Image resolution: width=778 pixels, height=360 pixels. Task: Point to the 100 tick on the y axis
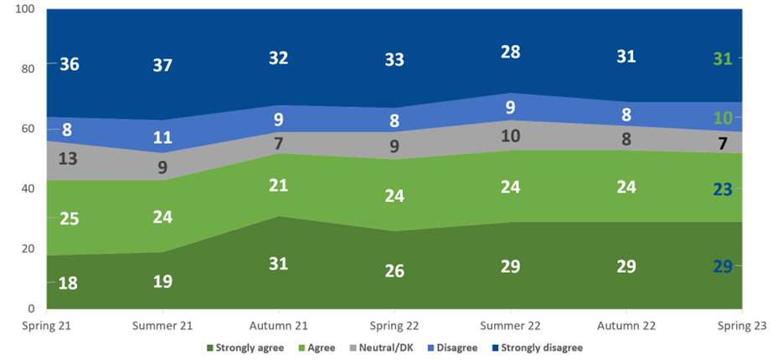coord(24,8)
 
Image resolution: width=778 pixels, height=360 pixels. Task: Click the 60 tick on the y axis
coord(27,129)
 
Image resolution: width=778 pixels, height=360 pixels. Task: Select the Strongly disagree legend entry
coord(539,347)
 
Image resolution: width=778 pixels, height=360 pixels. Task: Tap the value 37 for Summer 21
coord(163,64)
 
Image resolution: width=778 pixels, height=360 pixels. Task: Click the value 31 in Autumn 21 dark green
coord(278,263)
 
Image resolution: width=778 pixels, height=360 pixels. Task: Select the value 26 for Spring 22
coord(394,271)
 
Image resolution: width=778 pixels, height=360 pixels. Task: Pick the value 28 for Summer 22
coord(509,52)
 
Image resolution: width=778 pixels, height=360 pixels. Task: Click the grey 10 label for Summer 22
coord(509,136)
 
